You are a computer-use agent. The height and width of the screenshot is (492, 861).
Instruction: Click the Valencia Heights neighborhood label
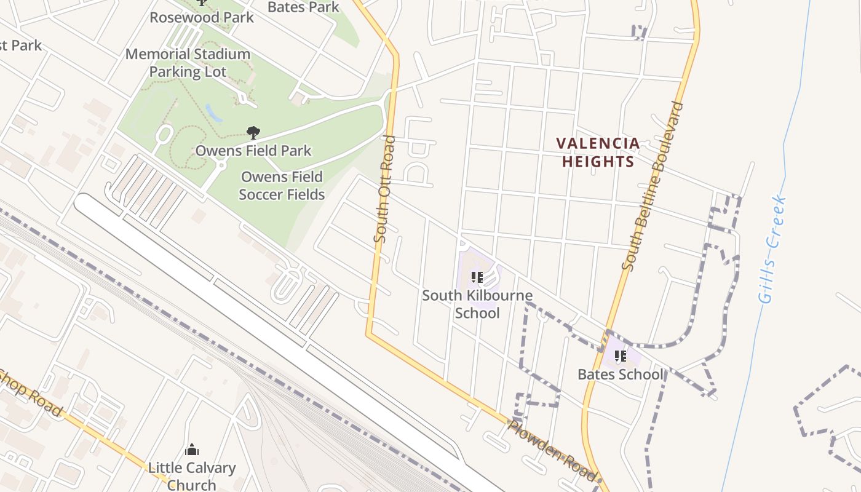pos(597,153)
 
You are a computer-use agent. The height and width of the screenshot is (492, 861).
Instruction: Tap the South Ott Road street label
pos(384,188)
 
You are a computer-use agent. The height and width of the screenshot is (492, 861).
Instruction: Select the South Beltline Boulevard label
pos(653,186)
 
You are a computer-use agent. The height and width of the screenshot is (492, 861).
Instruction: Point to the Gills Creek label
pos(772,249)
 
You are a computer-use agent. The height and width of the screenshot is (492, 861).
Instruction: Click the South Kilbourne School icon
pos(477,278)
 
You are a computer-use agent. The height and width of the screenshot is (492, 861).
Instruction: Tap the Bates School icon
pos(621,356)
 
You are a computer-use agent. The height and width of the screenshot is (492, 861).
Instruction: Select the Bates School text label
pos(621,374)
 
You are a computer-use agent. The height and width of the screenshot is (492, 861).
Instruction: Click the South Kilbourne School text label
pos(477,304)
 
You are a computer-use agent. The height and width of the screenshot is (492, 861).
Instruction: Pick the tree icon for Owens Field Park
pos(253,132)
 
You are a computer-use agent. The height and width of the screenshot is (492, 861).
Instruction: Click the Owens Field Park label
pos(253,151)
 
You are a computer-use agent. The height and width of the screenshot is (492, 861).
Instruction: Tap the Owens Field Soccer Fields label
pos(282,186)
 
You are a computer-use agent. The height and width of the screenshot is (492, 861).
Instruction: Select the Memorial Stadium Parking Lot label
pos(188,63)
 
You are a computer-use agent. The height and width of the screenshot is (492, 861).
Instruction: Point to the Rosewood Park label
pos(202,17)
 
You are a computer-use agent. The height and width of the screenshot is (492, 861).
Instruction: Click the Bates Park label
pos(304,7)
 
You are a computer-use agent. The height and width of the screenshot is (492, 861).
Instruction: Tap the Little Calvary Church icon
pos(192,450)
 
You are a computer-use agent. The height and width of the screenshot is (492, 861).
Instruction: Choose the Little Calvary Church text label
pos(192,476)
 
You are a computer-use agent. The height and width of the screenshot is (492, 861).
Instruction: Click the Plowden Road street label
pos(552,450)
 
